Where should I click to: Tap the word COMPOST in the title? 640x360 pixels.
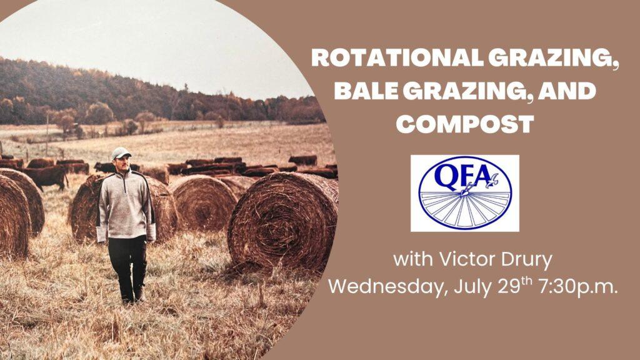click(x=465, y=124)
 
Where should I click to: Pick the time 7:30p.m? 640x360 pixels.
click(x=578, y=287)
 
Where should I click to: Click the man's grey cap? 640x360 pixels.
click(x=121, y=152)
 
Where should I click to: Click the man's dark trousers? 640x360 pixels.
click(x=127, y=264)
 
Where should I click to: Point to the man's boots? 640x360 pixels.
click(x=133, y=297)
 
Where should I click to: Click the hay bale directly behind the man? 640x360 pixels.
click(x=124, y=207)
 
